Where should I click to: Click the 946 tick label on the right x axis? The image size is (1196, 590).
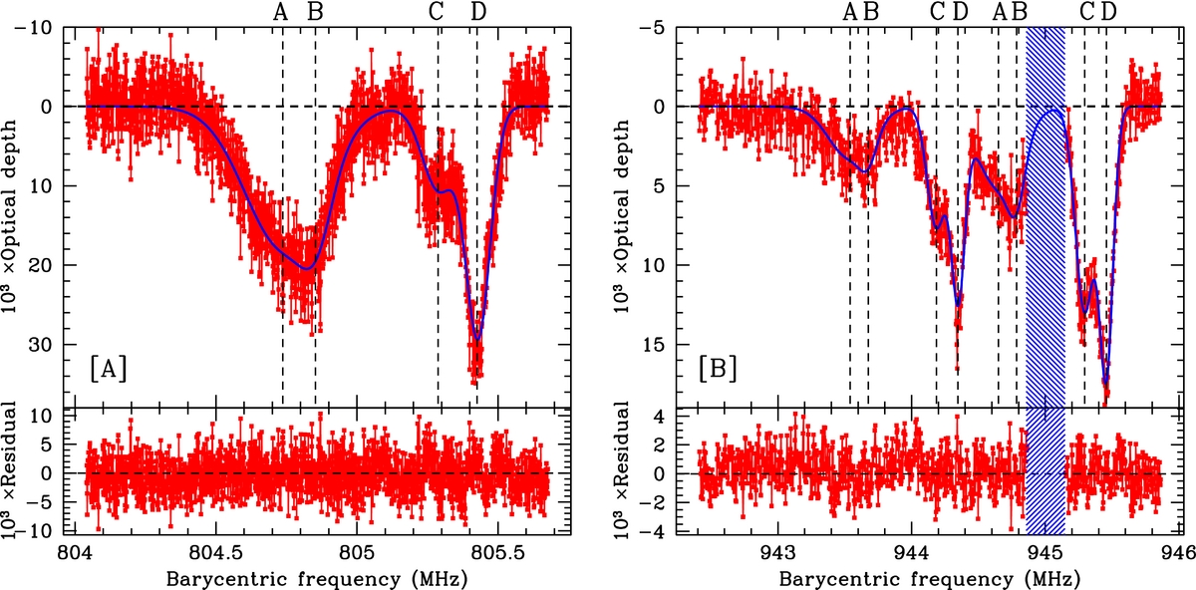coord(1177,551)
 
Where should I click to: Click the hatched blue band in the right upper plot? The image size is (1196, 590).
coord(1046,199)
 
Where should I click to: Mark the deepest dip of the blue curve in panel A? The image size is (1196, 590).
coord(477,339)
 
